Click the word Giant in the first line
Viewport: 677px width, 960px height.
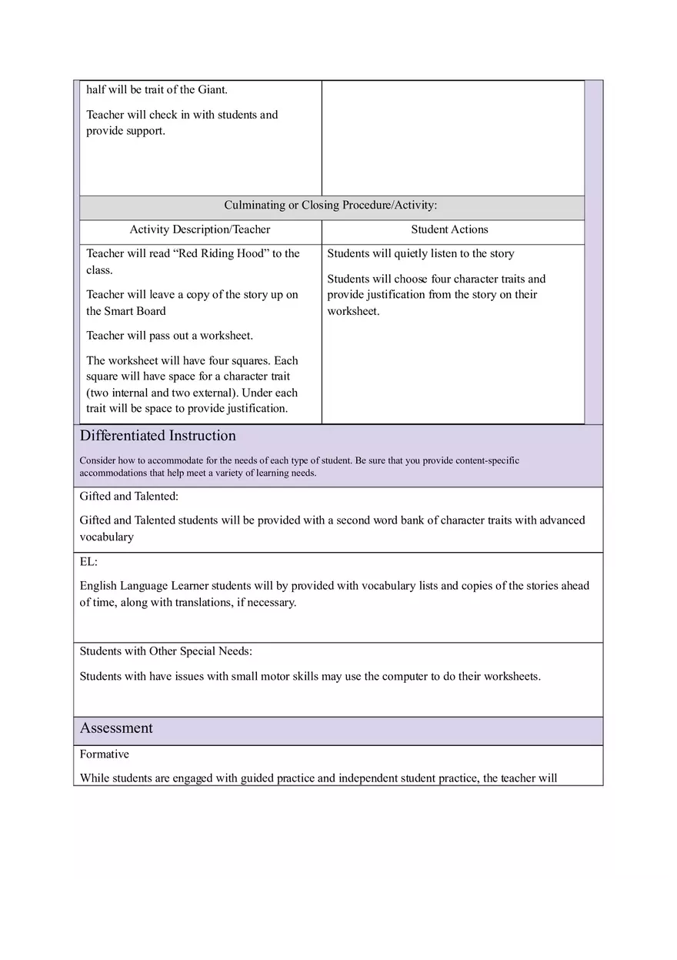coord(212,90)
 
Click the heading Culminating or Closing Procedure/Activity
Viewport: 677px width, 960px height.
coord(331,206)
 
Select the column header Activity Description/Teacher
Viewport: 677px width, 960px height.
coord(200,229)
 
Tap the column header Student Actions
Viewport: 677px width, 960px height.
coord(449,229)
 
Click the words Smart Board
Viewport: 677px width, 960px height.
coord(135,311)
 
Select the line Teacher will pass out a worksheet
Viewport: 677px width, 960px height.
coord(169,336)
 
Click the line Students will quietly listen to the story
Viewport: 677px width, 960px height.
coord(421,254)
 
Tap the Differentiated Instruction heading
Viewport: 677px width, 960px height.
coord(158,436)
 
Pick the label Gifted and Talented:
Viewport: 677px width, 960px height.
coord(129,497)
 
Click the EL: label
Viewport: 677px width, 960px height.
coord(88,562)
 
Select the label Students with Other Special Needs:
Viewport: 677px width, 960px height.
coord(165,651)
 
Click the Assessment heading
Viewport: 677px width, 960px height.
coord(116,728)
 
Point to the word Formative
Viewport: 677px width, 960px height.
coord(105,754)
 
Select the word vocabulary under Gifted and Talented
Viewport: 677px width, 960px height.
coord(107,537)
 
